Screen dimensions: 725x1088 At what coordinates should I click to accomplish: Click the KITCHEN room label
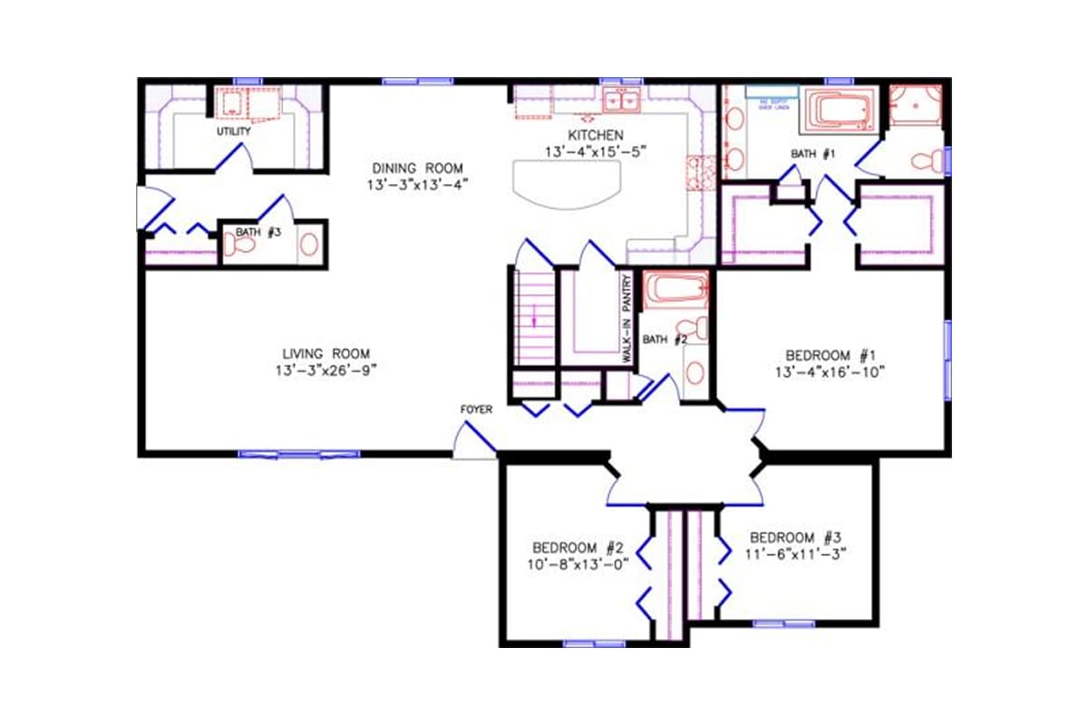click(x=596, y=135)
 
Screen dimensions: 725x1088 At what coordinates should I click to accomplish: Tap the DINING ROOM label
click(x=417, y=169)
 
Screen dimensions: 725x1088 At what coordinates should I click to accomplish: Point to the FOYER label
click(x=476, y=410)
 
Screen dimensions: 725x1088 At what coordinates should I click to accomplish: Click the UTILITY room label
click(x=233, y=131)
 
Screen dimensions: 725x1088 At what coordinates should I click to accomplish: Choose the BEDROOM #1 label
click(x=829, y=354)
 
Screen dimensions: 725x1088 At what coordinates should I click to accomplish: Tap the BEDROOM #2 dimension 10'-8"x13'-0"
click(x=578, y=564)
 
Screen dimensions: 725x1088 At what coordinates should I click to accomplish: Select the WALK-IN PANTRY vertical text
click(x=627, y=321)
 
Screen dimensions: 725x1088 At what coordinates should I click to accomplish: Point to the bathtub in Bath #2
click(x=676, y=290)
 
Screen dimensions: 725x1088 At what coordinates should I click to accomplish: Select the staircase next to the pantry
click(x=534, y=317)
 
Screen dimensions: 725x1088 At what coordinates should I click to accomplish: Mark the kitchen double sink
click(x=622, y=99)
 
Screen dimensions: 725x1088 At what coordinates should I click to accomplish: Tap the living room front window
click(x=298, y=453)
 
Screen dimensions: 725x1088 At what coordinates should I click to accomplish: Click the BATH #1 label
click(x=812, y=154)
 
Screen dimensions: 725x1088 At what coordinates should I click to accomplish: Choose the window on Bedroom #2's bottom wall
click(x=581, y=643)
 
